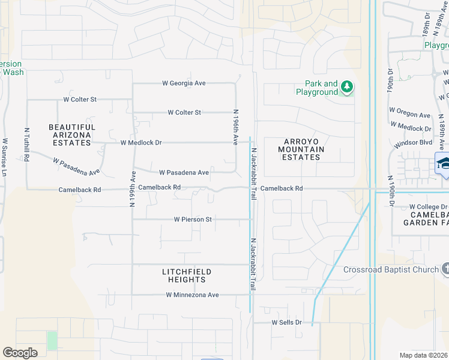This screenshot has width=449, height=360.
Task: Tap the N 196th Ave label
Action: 236,127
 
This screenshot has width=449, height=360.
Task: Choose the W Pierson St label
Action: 193,220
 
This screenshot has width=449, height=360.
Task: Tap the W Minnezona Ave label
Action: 193,295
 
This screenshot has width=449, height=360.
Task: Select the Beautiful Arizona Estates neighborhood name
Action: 72,135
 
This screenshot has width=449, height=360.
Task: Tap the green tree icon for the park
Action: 347,88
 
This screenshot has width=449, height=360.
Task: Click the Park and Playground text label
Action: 316,88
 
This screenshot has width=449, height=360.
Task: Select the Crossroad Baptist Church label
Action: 391,269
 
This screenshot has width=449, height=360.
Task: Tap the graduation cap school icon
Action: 444,163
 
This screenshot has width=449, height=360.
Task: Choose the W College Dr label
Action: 429,206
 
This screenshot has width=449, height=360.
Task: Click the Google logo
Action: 20,352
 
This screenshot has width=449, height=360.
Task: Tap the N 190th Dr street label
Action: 390,191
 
